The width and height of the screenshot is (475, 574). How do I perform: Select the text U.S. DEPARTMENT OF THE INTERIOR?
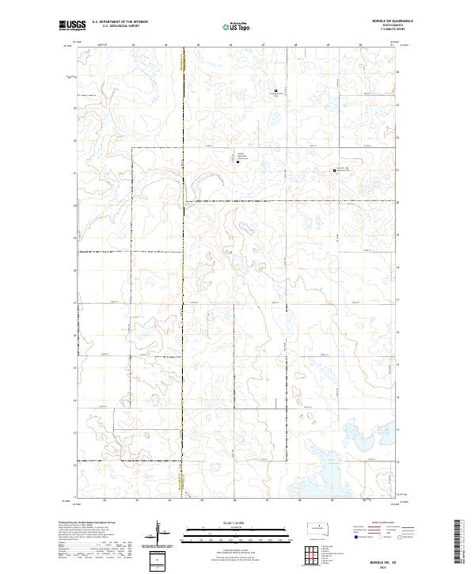pyautogui.click(x=120, y=22)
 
